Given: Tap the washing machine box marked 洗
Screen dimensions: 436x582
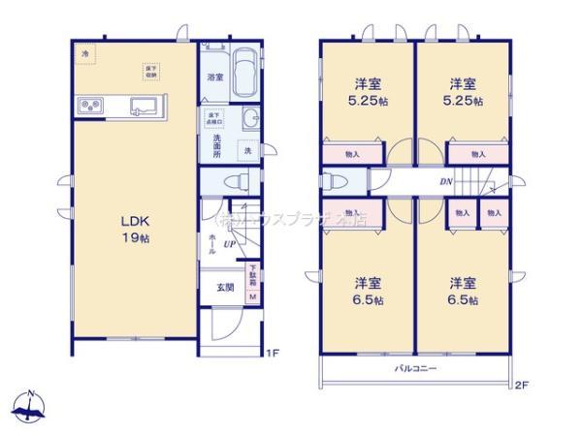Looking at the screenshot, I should (247, 150).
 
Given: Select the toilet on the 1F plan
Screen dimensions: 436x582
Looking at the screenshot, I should (232, 180).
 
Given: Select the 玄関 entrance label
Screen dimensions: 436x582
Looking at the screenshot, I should (224, 287).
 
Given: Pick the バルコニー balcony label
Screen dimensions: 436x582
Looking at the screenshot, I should (415, 369).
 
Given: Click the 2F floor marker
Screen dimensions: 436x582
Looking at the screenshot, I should (521, 386).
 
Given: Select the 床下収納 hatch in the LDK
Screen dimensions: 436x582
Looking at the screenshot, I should (151, 70).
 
